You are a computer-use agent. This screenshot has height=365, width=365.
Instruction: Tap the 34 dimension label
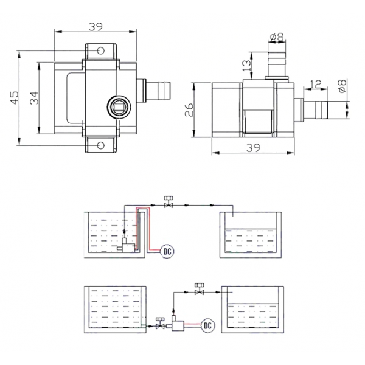coord(35,97)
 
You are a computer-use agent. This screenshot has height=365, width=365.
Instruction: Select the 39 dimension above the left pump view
coord(95,26)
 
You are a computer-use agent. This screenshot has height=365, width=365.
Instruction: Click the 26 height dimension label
coord(190,109)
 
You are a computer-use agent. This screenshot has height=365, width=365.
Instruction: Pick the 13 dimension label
coord(245,63)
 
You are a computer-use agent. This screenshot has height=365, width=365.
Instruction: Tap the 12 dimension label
coord(315,84)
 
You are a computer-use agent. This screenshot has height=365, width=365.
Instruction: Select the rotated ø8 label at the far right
coord(342,86)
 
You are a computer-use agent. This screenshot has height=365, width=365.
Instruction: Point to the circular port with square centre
coord(119,108)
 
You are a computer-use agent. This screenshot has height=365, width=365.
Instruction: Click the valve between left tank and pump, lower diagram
coord(161,325)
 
